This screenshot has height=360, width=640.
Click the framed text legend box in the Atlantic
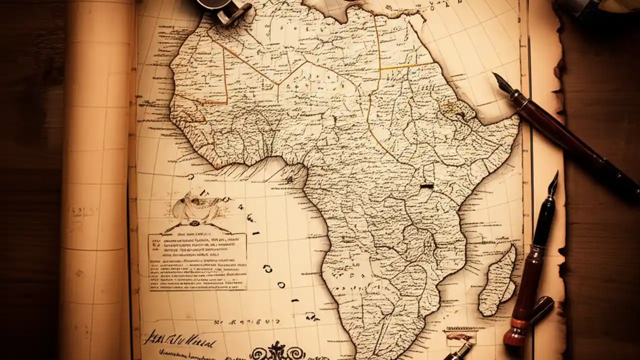point(197,261)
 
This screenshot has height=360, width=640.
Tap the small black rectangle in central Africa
point(426,186)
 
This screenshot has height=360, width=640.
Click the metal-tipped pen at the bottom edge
point(457,351)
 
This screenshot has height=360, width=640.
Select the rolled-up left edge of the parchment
point(95,180)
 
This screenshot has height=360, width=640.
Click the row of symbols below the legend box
point(235,322)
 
